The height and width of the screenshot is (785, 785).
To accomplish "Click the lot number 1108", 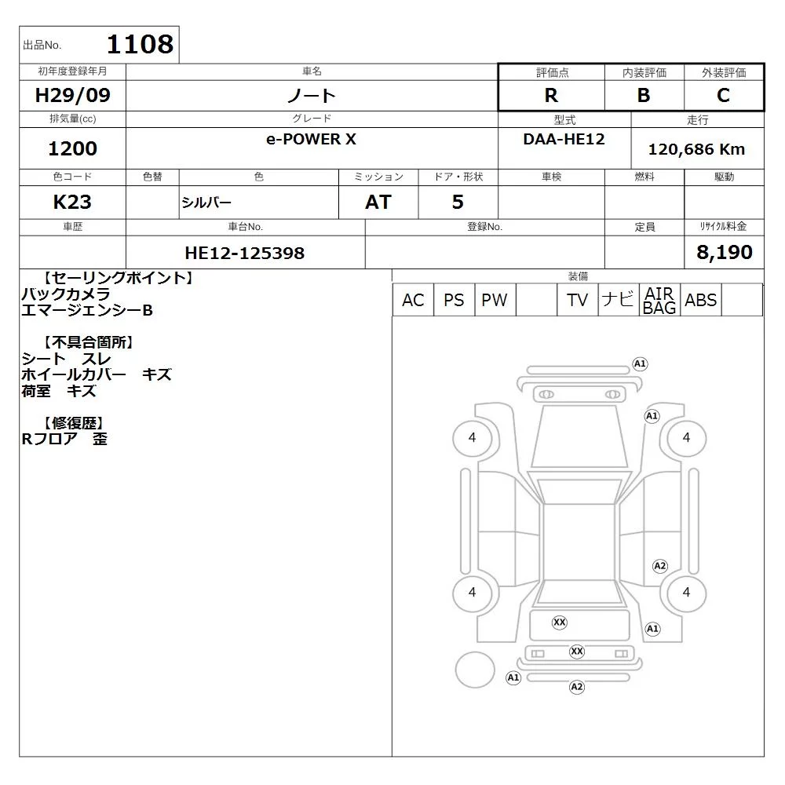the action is click(x=141, y=44).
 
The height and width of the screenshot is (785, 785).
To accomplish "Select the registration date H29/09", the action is click(x=72, y=95).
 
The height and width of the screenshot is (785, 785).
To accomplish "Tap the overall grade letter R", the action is click(x=551, y=95).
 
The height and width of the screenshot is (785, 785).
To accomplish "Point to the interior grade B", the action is click(x=644, y=95).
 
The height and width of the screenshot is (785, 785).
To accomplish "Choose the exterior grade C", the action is click(x=724, y=95).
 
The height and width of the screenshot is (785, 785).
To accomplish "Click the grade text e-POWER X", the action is click(x=311, y=139).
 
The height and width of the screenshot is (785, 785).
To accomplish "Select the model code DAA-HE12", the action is click(x=564, y=139).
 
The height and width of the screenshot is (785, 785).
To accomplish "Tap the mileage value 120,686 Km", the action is click(x=696, y=149).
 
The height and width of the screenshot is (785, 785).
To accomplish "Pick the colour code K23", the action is click(x=72, y=202).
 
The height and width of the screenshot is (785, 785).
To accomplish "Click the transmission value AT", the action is click(x=378, y=202).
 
